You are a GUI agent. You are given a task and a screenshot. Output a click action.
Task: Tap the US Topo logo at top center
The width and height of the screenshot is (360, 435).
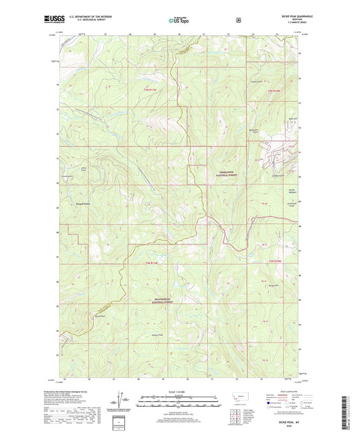179,20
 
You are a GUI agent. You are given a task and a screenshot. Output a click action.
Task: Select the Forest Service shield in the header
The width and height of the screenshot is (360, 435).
238,20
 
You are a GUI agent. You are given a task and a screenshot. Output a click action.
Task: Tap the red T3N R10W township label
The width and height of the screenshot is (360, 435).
272,90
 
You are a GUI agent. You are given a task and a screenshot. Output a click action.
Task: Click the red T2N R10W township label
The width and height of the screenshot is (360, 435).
272,262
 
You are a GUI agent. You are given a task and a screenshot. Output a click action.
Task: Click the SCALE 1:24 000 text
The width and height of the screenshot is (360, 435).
179,390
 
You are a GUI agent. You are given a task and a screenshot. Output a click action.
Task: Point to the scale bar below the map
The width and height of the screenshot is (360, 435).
179,397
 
